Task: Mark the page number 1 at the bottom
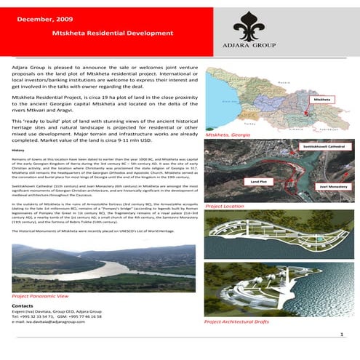point(341,334)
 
